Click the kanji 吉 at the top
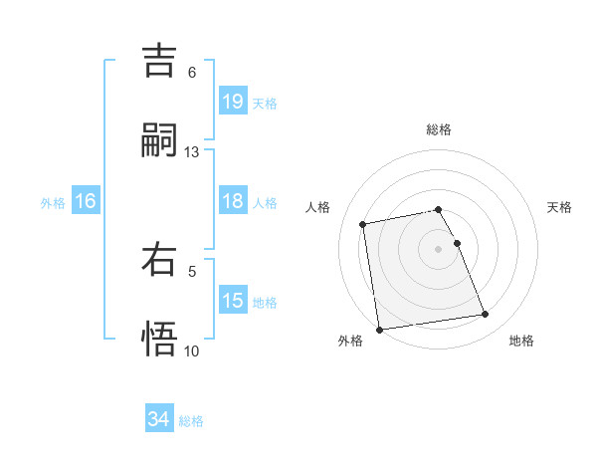[x=160, y=62]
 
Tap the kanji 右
[x=160, y=260]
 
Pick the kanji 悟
[x=160, y=338]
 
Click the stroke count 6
[x=192, y=73]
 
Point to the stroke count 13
[x=192, y=152]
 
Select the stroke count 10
[x=192, y=351]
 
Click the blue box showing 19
[x=233, y=101]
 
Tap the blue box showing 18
[x=233, y=201]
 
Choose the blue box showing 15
[x=233, y=301]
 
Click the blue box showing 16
[x=85, y=201]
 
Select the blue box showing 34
[x=158, y=419]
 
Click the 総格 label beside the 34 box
[x=191, y=421]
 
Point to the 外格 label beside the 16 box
[x=53, y=203]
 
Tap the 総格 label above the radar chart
[x=439, y=129]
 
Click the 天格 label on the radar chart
[x=560, y=207]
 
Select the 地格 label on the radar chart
[x=521, y=341]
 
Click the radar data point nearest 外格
[x=379, y=330]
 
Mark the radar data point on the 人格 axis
[x=363, y=224]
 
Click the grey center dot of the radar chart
[x=439, y=248]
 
